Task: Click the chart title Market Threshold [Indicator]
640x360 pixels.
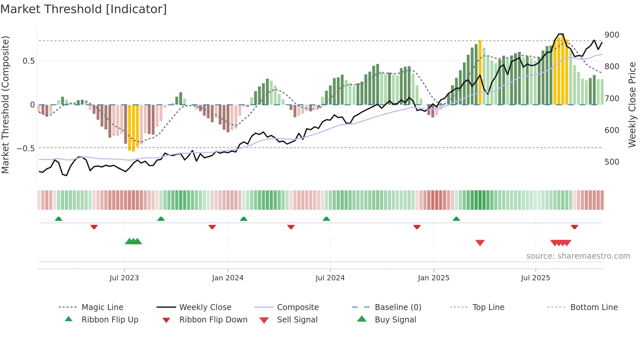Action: point(84,9)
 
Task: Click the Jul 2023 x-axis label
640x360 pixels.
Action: point(124,278)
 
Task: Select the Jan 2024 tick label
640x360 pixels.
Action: point(228,278)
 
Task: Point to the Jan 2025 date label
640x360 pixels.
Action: point(434,278)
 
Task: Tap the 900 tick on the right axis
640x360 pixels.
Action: point(612,35)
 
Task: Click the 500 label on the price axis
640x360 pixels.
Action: point(612,162)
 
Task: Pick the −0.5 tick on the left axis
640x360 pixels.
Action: point(26,149)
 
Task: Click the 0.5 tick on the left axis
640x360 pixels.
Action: point(28,61)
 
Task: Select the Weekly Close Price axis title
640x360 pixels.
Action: point(632,105)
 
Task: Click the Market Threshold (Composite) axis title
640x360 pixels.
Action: point(5,105)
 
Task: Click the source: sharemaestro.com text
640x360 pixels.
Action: point(578,256)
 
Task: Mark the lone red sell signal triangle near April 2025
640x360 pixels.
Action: point(480,243)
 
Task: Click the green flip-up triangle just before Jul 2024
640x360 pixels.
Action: point(326,219)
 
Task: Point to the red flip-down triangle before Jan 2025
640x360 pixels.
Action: point(417,227)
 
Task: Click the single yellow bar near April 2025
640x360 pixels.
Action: point(480,72)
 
